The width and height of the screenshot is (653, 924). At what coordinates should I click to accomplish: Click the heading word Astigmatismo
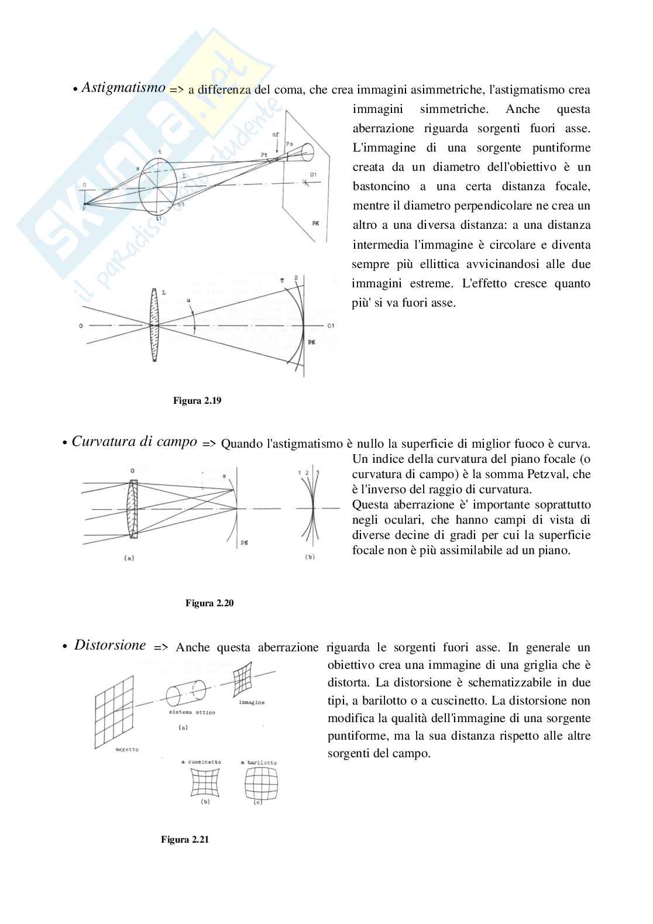[x=123, y=88]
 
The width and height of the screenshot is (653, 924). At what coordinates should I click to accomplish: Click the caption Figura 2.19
[x=197, y=401]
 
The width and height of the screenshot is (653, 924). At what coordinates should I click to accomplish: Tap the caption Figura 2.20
[x=209, y=603]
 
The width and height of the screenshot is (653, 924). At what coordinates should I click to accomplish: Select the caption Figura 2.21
[x=185, y=840]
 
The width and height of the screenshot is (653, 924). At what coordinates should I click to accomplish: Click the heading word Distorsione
[x=110, y=645]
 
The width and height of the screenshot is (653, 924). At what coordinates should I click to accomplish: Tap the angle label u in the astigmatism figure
[x=188, y=301]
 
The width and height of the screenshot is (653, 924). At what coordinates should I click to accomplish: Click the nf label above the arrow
[x=276, y=135]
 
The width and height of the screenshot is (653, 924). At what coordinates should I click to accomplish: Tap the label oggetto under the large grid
[x=127, y=750]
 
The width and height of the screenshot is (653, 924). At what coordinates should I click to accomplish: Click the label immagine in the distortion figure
[x=252, y=702]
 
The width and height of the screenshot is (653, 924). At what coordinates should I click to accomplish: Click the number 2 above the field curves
[x=307, y=472]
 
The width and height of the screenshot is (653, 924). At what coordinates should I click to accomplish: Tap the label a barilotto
[x=259, y=762]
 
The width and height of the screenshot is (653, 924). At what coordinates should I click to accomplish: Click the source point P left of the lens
[x=84, y=207]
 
